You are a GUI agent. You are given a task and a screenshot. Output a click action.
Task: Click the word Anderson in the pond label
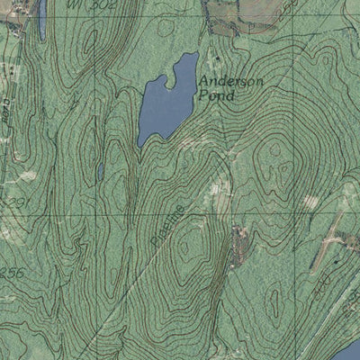(x=231, y=82)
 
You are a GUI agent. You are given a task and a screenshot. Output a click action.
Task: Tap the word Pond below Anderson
(x=218, y=95)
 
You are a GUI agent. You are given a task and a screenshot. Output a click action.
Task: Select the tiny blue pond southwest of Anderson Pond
(x=100, y=170)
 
